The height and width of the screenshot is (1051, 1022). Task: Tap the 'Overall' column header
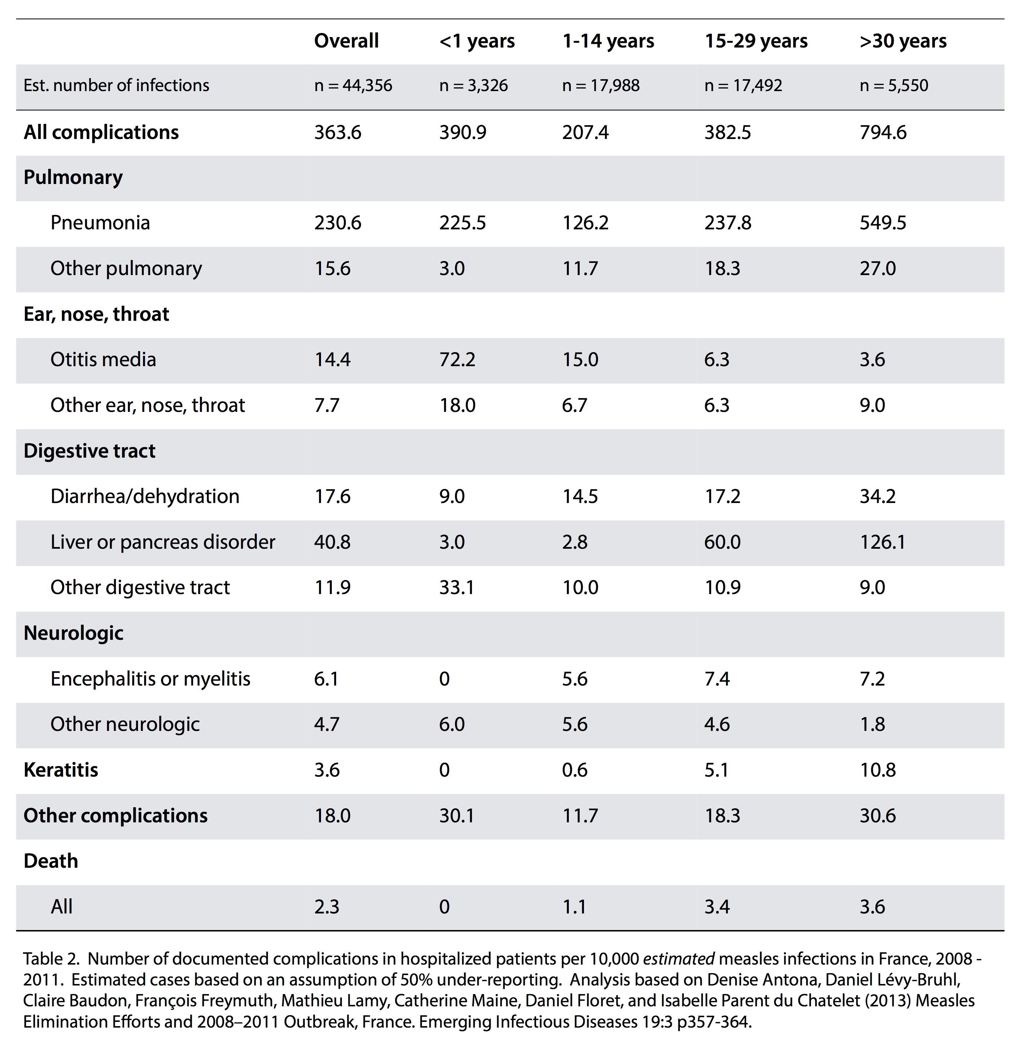(x=346, y=41)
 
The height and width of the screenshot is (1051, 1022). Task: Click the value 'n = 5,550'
(x=894, y=85)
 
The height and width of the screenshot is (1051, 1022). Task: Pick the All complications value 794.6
(x=883, y=132)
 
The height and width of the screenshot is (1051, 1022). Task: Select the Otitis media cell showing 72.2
(x=457, y=359)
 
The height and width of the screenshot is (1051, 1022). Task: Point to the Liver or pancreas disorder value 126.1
(x=883, y=542)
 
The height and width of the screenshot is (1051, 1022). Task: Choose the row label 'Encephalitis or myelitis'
(x=150, y=679)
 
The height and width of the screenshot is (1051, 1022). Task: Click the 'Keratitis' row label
(x=61, y=770)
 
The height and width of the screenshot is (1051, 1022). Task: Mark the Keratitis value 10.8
(x=878, y=770)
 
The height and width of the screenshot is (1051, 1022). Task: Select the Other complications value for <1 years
(x=457, y=816)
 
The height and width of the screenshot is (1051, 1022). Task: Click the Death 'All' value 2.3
(x=326, y=907)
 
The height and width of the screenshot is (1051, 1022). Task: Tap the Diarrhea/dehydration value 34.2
(x=878, y=496)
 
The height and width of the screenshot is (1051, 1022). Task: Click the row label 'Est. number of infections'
(x=116, y=85)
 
